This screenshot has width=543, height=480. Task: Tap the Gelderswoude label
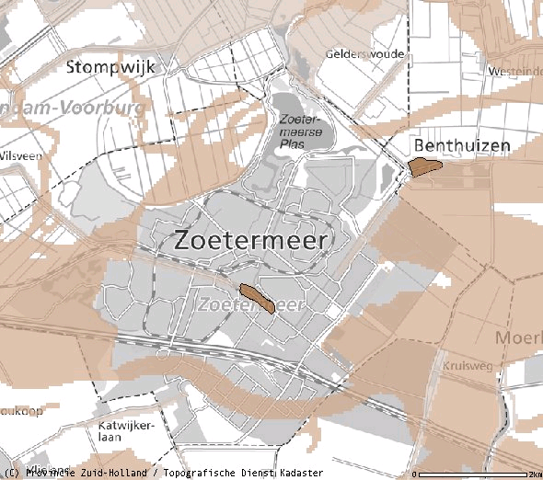tap(364, 54)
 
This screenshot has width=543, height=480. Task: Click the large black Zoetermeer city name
tap(251, 241)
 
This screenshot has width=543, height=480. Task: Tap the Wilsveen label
tap(21, 156)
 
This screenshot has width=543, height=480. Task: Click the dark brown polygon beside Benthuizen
tap(425, 166)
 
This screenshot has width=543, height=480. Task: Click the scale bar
tap(474, 475)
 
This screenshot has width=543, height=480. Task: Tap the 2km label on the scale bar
tap(535, 474)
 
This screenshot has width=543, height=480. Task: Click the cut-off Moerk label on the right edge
tap(520, 338)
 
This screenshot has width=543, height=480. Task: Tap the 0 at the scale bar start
tap(415, 474)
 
